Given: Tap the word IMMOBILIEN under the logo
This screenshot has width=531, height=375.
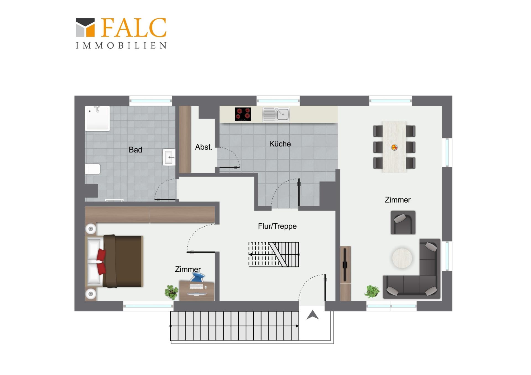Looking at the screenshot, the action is (x=121, y=46).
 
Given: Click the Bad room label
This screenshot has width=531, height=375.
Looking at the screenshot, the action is (x=135, y=150).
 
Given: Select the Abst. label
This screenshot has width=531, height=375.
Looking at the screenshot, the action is (x=204, y=147).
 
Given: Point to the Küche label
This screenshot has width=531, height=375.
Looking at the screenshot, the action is (x=280, y=144).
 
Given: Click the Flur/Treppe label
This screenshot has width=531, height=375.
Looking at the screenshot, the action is (x=277, y=226).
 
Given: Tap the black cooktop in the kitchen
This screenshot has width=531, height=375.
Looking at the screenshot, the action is (x=243, y=114).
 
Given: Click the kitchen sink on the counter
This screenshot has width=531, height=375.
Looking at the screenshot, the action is (x=276, y=114).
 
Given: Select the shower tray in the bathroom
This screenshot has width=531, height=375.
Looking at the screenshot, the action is (x=97, y=118).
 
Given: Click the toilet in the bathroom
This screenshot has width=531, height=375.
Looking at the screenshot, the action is (x=93, y=169).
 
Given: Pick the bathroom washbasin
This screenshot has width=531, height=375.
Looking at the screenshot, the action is (x=169, y=157).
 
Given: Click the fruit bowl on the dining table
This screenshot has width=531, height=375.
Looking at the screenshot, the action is (x=394, y=147).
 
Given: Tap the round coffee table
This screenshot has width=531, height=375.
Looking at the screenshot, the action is (x=402, y=258).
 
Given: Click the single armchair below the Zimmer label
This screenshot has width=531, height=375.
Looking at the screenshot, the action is (x=403, y=223).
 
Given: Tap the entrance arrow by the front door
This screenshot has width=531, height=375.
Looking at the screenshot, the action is (x=313, y=315).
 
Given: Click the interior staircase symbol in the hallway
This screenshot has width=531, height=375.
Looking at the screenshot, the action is (x=274, y=255).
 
